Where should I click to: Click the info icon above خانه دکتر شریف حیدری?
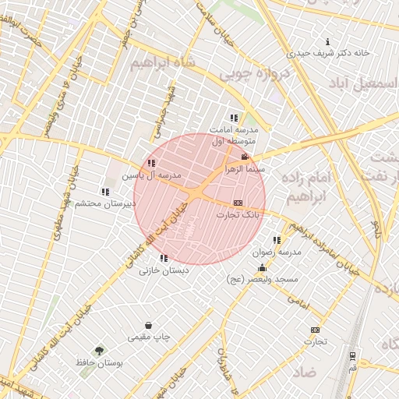pos(327,41)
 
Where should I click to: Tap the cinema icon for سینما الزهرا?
pos(245,157)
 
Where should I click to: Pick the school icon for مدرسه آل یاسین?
pos(151,164)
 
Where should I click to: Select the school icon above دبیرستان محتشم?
pos(105,192)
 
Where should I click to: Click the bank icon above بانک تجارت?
pos(238,203)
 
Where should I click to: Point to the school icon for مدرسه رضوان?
pos(277,241)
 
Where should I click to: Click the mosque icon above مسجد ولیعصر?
pos(262,268)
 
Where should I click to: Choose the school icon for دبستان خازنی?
pos(164,258)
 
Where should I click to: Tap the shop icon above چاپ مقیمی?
pos(148,326)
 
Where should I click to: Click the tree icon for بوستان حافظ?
pos(98,351)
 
